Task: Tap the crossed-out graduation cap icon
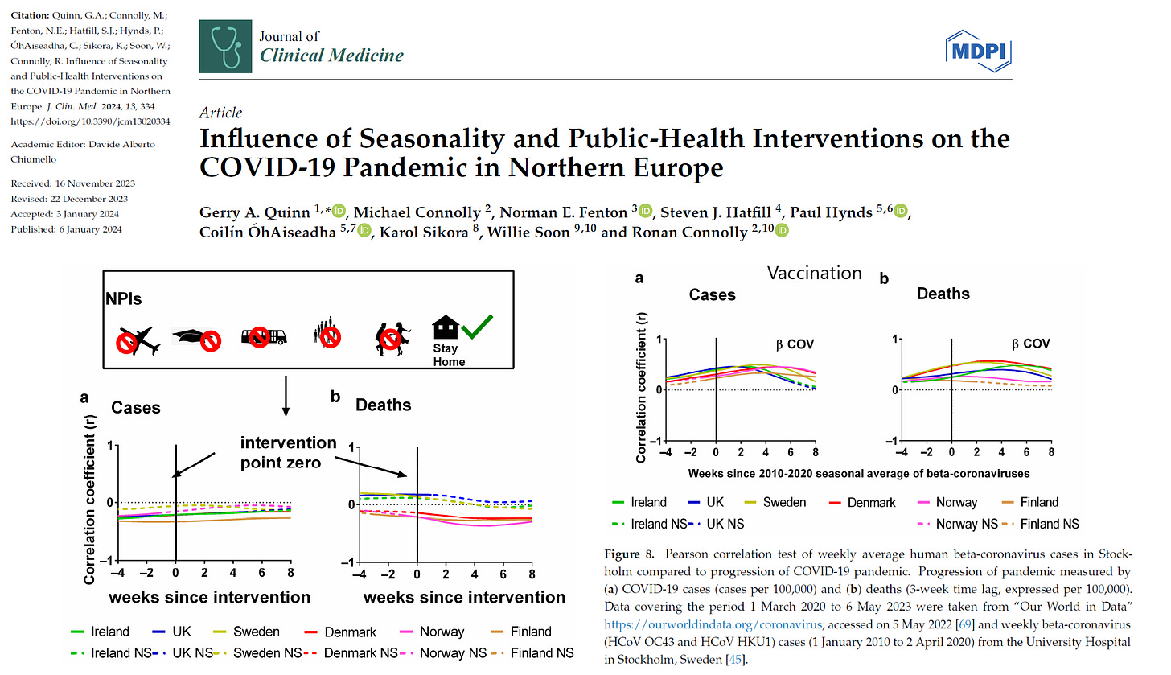(x=199, y=338)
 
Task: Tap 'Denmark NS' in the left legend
(x=358, y=652)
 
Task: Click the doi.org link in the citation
(x=78, y=121)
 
